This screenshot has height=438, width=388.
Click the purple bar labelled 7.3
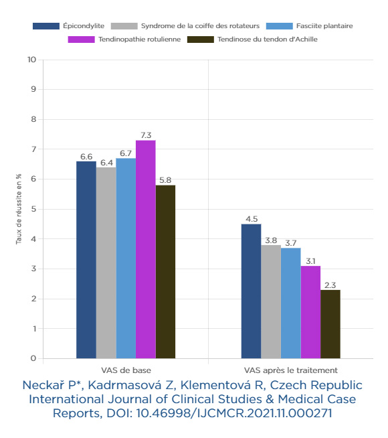pyautogui.click(x=146, y=249)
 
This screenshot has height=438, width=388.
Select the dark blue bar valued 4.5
pyautogui.click(x=251, y=291)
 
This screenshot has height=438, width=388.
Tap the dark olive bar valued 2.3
pyautogui.click(x=330, y=324)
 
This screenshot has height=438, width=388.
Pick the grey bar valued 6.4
pyautogui.click(x=106, y=263)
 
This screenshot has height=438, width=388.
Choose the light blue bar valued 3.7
pyautogui.click(x=290, y=303)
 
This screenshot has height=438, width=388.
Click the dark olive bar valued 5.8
pyautogui.click(x=165, y=272)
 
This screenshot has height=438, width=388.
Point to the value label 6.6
pyautogui.click(x=86, y=157)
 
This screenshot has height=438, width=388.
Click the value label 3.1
pyautogui.click(x=310, y=261)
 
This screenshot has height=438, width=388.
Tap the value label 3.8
pyautogui.click(x=271, y=240)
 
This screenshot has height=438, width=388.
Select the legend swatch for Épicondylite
pyautogui.click(x=46, y=26)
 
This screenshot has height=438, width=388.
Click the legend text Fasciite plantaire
pyautogui.click(x=324, y=26)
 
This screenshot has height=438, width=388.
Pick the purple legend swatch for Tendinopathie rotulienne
pyautogui.click(x=81, y=40)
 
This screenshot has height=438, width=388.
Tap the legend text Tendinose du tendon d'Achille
pyautogui.click(x=268, y=40)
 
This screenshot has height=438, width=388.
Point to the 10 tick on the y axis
pyautogui.click(x=32, y=60)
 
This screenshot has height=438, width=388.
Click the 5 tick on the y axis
pyautogui.click(x=33, y=209)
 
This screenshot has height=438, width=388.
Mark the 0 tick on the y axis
pyautogui.click(x=33, y=358)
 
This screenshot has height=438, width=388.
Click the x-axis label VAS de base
pyautogui.click(x=126, y=370)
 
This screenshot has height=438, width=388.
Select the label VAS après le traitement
pyautogui.click(x=290, y=370)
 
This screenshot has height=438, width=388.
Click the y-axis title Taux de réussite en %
pyautogui.click(x=19, y=209)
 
